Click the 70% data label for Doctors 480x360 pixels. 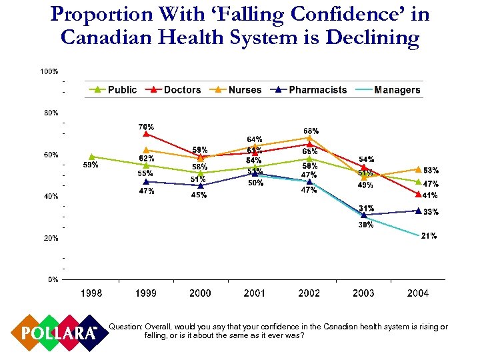coord(146,127)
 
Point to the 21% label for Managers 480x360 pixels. coord(429,236)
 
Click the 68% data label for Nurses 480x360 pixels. coord(311,131)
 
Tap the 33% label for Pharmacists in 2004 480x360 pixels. coord(431,212)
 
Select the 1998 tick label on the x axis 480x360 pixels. coord(91,293)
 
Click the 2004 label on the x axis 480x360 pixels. coord(417,293)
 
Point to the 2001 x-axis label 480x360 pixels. coord(255,293)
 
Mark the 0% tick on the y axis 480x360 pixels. coord(52,279)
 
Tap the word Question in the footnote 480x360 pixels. coord(125,327)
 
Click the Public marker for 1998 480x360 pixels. coord(91,157)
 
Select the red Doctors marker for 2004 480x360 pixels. coord(418,194)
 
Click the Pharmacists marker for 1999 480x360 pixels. coord(146,181)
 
